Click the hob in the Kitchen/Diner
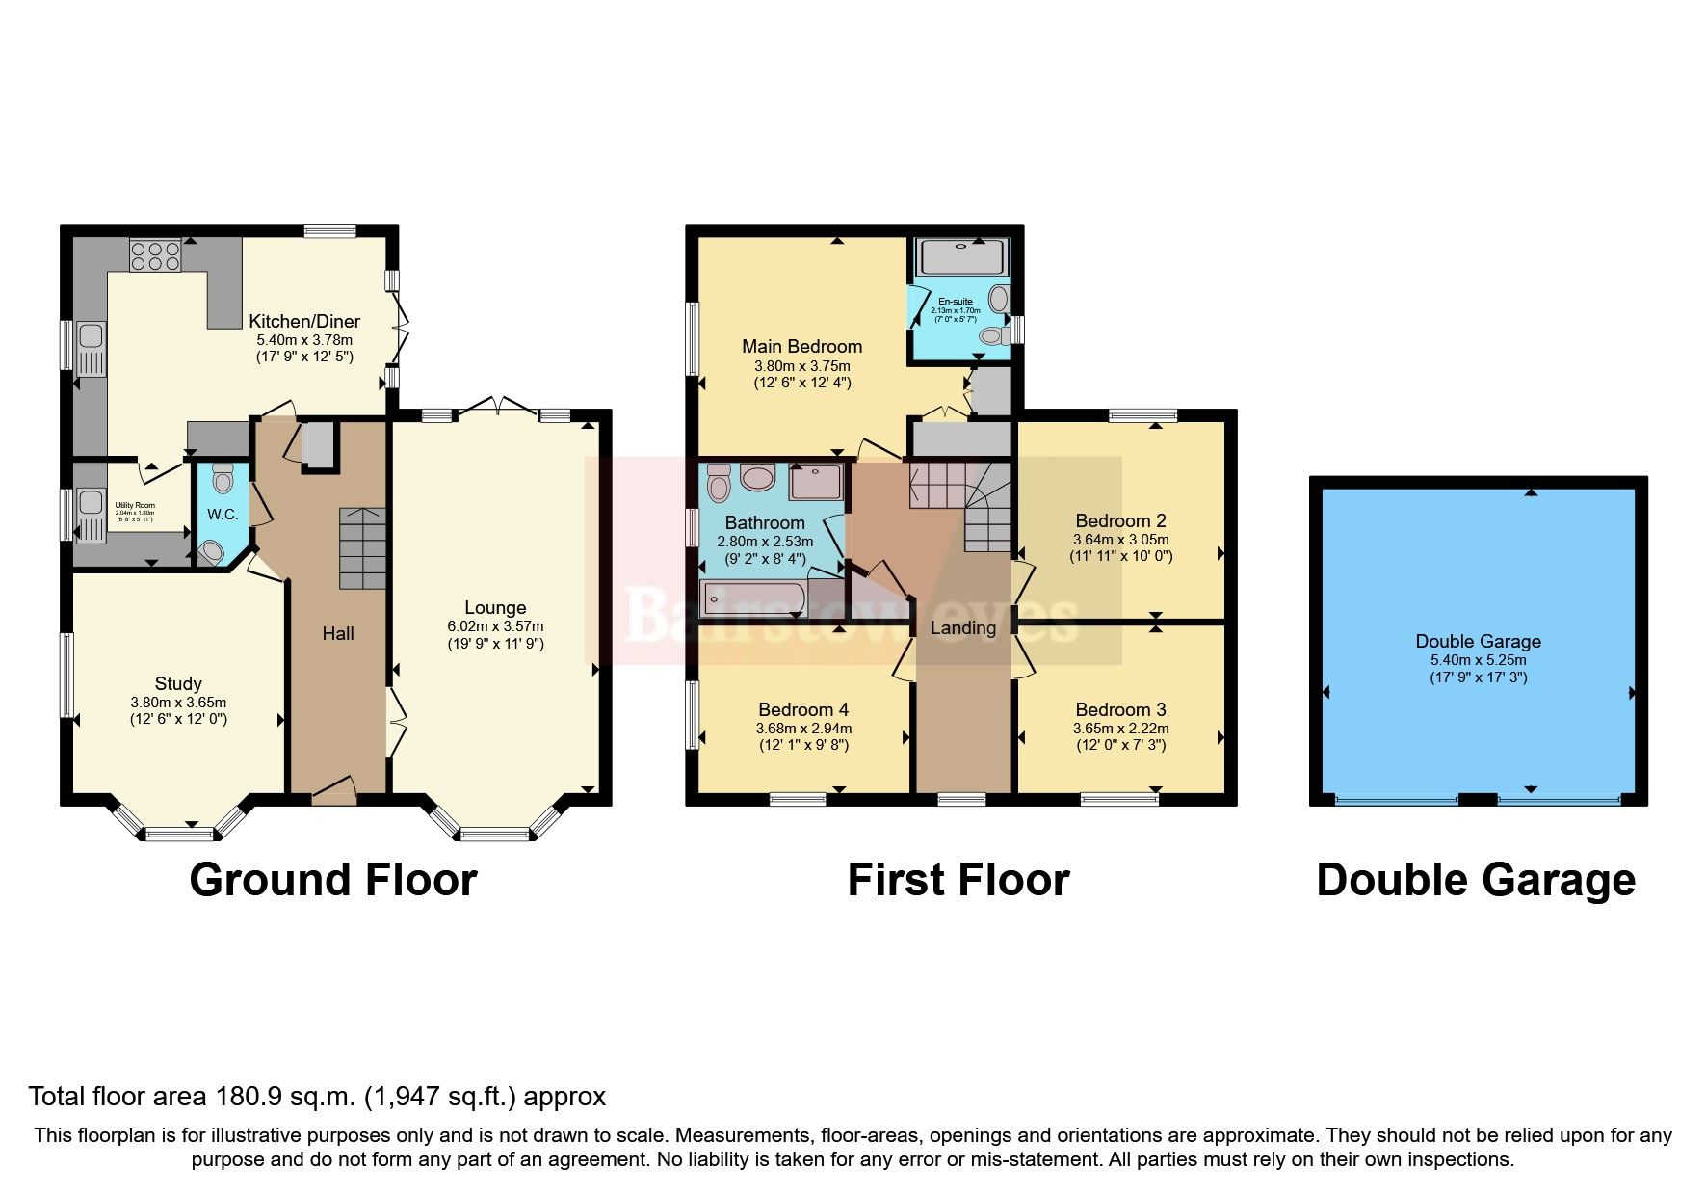click(x=155, y=254)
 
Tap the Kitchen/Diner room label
click(x=304, y=322)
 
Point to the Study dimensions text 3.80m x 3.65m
click(x=178, y=703)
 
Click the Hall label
click(x=338, y=633)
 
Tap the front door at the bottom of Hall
click(x=334, y=792)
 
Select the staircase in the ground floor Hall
click(x=362, y=548)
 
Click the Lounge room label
click(x=495, y=607)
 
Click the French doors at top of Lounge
click(x=497, y=409)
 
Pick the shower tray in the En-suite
click(x=962, y=257)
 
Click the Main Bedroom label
click(x=801, y=346)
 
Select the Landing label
click(x=962, y=628)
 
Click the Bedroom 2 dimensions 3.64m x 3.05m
click(x=1120, y=540)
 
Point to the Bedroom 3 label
click(x=1120, y=710)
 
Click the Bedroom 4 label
click(x=802, y=710)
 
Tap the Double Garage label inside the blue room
click(x=1478, y=641)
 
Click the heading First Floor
click(x=958, y=880)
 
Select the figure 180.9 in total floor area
click(x=243, y=1097)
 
